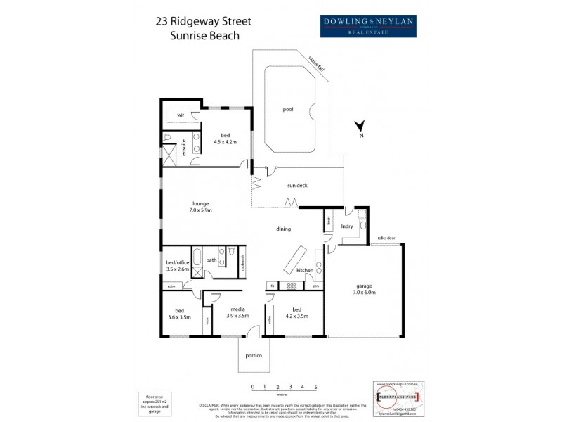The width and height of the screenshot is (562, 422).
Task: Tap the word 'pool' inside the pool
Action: click(x=287, y=110)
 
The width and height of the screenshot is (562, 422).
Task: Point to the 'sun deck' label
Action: click(x=298, y=186)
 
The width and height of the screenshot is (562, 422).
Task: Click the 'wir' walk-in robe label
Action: click(x=181, y=115)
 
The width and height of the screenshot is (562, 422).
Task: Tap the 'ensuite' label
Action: click(x=183, y=147)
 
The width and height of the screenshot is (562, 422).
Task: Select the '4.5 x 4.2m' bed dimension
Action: click(x=226, y=141)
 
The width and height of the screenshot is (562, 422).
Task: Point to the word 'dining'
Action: click(x=283, y=229)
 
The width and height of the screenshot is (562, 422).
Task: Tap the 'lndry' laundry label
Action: click(x=346, y=226)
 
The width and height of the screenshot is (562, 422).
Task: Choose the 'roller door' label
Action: click(x=386, y=238)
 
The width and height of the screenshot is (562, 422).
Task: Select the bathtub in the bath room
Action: click(x=197, y=258)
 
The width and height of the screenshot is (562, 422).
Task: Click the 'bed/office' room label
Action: click(x=176, y=262)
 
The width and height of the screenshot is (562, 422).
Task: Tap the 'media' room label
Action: click(x=238, y=309)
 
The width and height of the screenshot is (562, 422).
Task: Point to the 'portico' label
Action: click(x=254, y=356)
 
